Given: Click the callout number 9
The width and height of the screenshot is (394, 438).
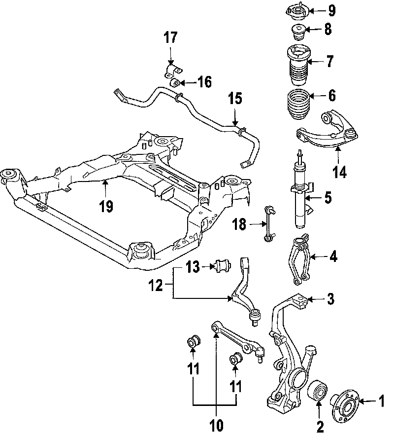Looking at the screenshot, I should point(331,10).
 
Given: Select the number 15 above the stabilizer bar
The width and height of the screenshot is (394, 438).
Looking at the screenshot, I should point(235,99).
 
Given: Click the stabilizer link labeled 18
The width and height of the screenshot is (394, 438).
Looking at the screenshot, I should point(268,224).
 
